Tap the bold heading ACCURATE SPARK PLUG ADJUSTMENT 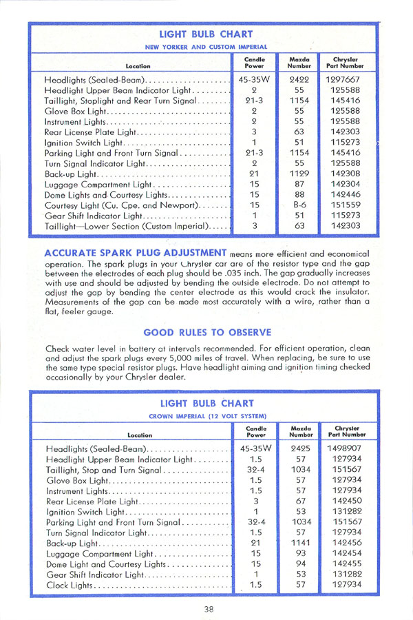click(136, 252)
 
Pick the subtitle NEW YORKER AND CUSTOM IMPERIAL click(206, 46)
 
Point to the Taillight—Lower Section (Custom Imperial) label click(127, 226)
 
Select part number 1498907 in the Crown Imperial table click(346, 448)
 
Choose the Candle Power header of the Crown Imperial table click(256, 431)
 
